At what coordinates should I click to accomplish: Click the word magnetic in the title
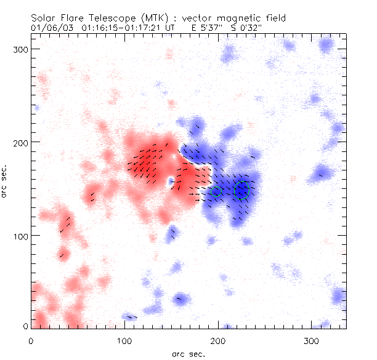click(242, 18)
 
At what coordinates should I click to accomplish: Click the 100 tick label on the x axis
click(125, 340)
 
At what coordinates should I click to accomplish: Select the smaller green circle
click(216, 191)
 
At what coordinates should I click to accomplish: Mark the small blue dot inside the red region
click(171, 181)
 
